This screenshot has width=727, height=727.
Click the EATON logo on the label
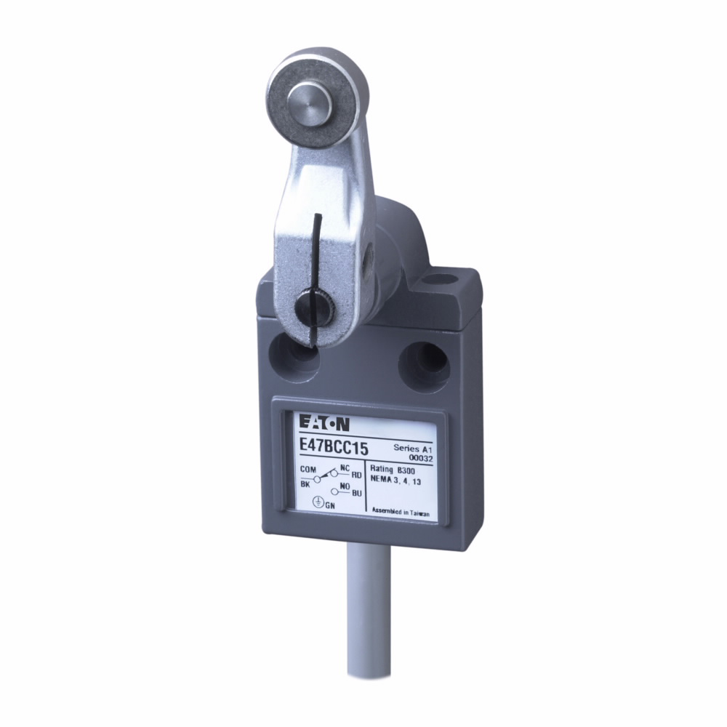coord(321,423)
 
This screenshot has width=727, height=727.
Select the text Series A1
coord(411,447)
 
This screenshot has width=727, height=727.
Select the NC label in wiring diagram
coord(345,467)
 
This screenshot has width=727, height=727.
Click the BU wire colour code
coord(356,494)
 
